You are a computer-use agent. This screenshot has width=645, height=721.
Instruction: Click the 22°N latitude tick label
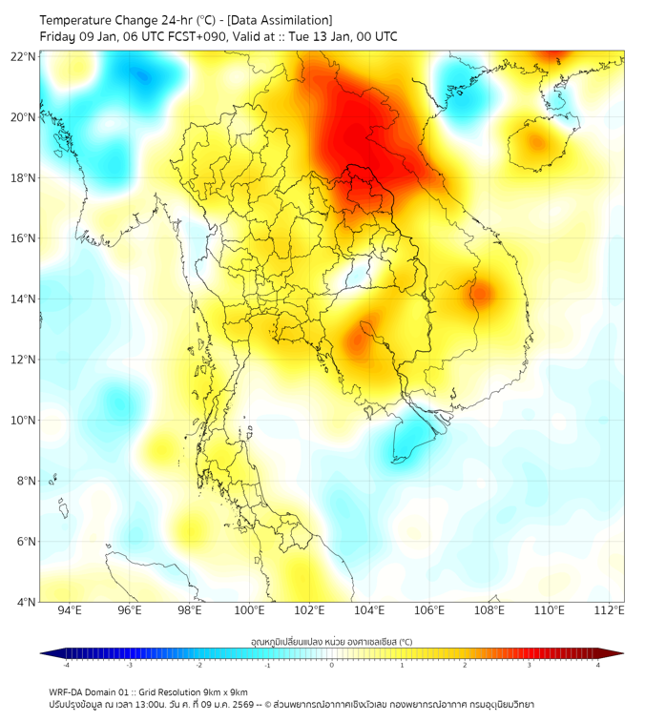pos(24,56)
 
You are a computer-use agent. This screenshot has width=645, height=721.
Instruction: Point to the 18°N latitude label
pos(24,178)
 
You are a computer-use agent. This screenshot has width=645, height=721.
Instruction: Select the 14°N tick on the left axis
pos(24,299)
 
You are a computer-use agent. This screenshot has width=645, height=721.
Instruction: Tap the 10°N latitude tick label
pos(24,421)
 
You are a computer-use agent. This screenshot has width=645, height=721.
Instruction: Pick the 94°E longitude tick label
pos(70,611)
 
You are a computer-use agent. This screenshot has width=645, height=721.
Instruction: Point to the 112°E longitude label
pos(609,611)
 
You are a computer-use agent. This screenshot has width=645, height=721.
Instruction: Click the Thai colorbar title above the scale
pos(331,642)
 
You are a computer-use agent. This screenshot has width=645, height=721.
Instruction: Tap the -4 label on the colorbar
pos(66,665)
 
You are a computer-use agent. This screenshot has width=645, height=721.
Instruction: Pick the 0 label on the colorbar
pos(332,665)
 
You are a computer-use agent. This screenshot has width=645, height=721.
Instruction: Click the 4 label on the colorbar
pos(598,665)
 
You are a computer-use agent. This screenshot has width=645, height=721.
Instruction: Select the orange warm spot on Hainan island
pos(536,143)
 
